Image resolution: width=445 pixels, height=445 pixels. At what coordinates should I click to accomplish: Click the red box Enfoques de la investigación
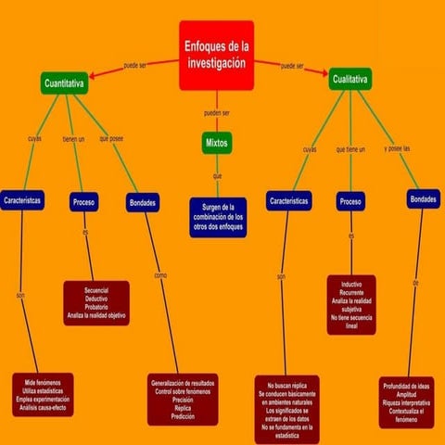(216, 56)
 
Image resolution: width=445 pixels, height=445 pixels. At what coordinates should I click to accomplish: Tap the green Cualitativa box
(350, 81)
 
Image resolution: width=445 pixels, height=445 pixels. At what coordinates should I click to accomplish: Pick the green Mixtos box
(216, 144)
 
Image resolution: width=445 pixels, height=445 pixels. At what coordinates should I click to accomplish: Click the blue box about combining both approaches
(219, 216)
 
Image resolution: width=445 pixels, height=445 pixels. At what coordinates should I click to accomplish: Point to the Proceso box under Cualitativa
(350, 201)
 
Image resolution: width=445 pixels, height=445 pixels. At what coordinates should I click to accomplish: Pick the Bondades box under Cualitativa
(422, 199)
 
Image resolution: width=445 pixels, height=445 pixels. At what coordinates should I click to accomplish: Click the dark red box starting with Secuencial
(95, 303)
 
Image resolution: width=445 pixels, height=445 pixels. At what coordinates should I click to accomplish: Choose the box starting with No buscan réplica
(292, 408)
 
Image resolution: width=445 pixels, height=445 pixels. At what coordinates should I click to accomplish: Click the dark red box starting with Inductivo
(351, 302)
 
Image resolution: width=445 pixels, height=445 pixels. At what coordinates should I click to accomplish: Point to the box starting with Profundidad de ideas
(406, 402)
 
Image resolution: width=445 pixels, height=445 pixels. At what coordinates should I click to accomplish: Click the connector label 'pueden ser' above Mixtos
(216, 113)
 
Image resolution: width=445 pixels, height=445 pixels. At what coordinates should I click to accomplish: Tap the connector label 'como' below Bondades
(160, 275)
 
